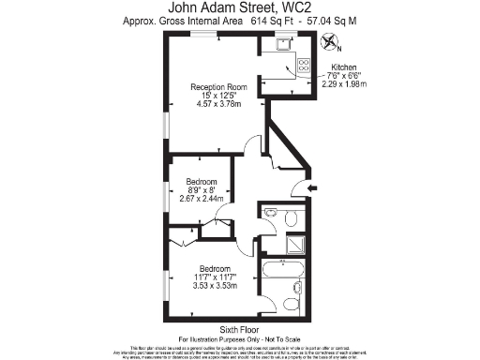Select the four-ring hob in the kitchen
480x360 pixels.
coord(303,65)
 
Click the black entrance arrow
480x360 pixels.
coord(312,188)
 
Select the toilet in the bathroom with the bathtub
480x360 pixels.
coord(290,302)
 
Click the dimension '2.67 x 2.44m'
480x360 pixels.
coord(201,199)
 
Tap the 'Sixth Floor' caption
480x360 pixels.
coord(239,330)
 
